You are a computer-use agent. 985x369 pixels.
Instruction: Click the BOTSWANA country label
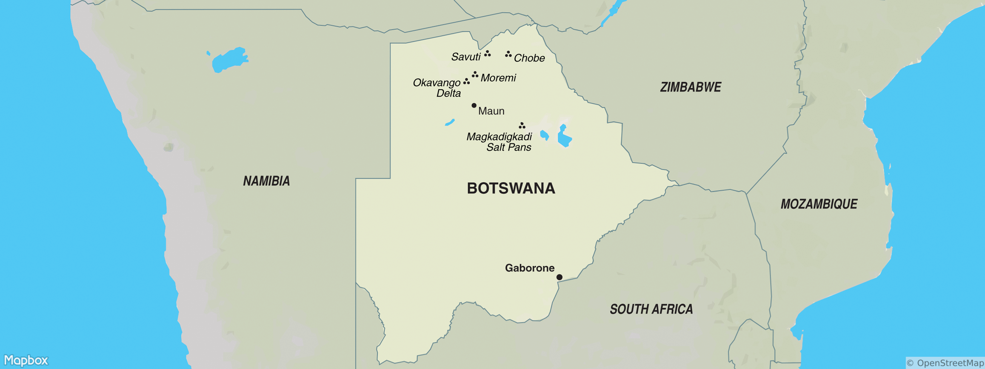click(x=511, y=188)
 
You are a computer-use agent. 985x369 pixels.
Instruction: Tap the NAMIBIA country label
click(x=267, y=181)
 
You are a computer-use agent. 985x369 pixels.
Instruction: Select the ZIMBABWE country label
click(x=690, y=87)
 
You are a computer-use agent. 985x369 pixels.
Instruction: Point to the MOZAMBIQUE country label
click(x=819, y=204)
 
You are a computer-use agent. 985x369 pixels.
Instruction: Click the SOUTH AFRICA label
click(x=651, y=309)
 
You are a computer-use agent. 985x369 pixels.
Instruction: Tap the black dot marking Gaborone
click(x=559, y=277)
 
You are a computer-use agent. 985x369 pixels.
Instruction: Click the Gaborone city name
click(x=529, y=268)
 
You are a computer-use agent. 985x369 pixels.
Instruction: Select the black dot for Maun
click(x=474, y=105)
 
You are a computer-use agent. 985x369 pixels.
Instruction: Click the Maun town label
click(x=491, y=111)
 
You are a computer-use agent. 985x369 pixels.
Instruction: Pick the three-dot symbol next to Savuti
click(x=487, y=54)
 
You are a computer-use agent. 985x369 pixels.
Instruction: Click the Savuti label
click(x=466, y=57)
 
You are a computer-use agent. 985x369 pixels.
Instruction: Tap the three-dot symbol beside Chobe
click(x=508, y=54)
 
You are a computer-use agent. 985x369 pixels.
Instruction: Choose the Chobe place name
click(x=529, y=58)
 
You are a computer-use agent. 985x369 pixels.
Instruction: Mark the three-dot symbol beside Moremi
click(x=475, y=74)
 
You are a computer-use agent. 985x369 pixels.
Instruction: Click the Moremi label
click(x=498, y=78)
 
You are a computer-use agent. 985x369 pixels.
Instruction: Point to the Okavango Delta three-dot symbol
click(x=467, y=82)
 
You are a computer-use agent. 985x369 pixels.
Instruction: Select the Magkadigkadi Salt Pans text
click(x=499, y=142)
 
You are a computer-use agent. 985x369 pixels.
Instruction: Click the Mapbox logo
click(x=26, y=360)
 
